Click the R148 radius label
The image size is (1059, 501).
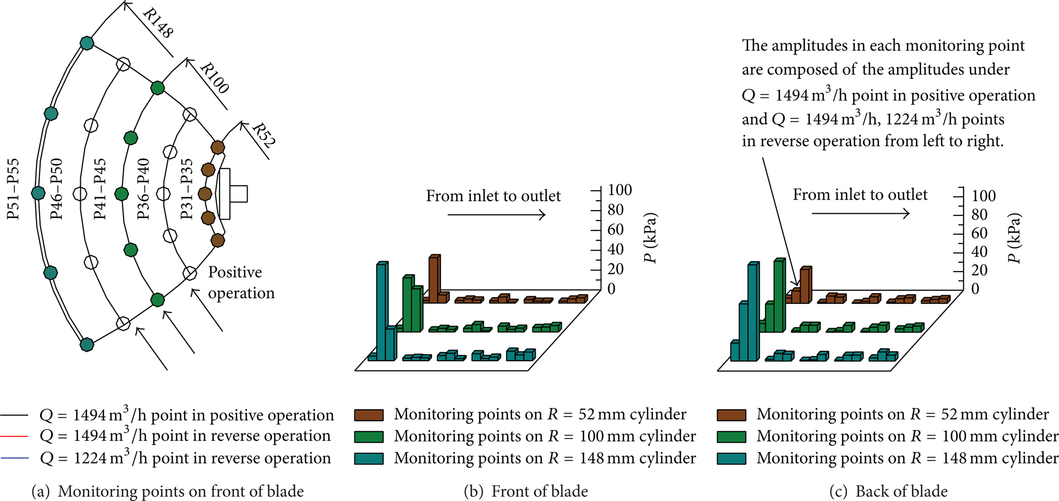[157, 23]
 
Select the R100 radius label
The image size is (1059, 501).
[214, 78]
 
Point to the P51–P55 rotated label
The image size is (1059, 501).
[13, 189]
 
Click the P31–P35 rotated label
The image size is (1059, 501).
[186, 189]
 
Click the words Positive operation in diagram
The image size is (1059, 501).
[241, 283]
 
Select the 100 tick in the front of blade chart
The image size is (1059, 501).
[620, 190]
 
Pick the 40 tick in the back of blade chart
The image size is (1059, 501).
[979, 251]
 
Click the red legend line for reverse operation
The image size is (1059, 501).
[14, 435]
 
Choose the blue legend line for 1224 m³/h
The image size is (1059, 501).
[14, 458]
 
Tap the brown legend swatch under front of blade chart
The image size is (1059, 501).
[369, 415]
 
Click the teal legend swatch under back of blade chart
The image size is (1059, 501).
[731, 459]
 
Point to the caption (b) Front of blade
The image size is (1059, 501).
[526, 491]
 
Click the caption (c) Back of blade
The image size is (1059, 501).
[888, 491]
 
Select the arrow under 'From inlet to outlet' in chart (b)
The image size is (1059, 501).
[497, 215]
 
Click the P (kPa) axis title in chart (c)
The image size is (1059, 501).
[1014, 238]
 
